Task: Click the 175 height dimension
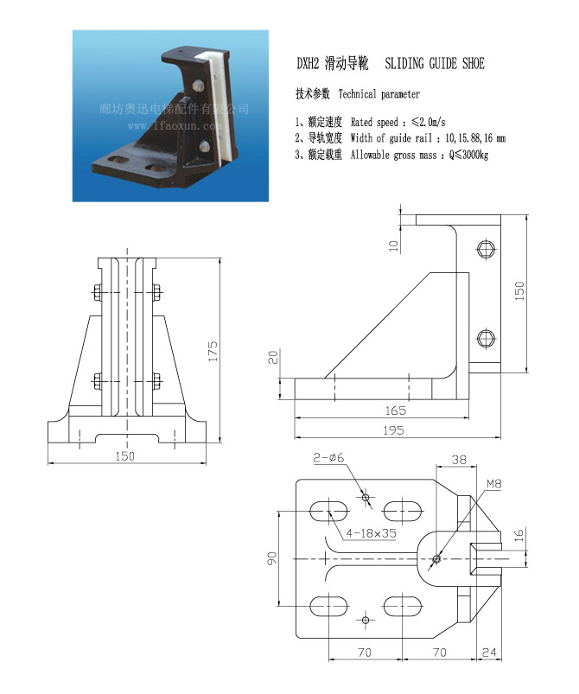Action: pos(213,351)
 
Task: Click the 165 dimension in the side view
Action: pos(395,411)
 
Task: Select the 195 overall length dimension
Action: pos(393,430)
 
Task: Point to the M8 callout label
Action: pos(494,484)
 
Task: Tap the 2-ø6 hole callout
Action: pos(328,458)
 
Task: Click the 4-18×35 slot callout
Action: pos(371,533)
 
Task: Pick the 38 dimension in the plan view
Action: pos(459,460)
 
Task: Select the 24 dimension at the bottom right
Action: pos(489,652)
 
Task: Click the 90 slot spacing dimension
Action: pos(272,558)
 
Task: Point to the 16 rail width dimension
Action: pos(519,535)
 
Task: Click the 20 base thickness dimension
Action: pos(273,357)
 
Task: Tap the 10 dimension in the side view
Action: pos(393,245)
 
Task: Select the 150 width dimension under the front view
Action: pos(124,455)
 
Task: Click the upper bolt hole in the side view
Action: pos(486,249)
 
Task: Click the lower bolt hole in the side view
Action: pos(486,339)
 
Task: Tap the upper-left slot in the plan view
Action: pos(328,511)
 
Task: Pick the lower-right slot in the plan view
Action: pos(402,607)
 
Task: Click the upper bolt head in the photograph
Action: pos(199,86)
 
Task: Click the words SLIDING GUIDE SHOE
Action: pos(435,63)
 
